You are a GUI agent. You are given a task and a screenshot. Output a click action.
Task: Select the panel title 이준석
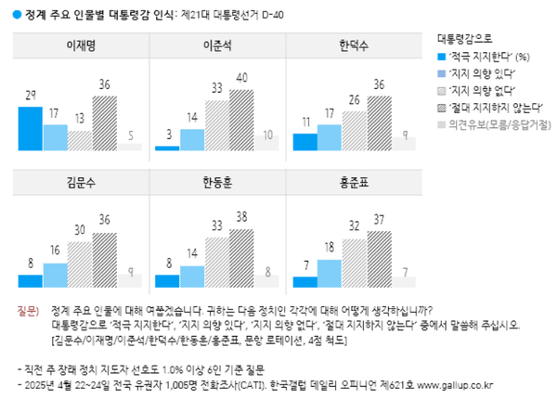217,45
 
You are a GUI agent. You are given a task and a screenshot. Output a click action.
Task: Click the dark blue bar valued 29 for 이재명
31,128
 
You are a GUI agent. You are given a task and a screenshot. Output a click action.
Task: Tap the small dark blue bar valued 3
168,147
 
